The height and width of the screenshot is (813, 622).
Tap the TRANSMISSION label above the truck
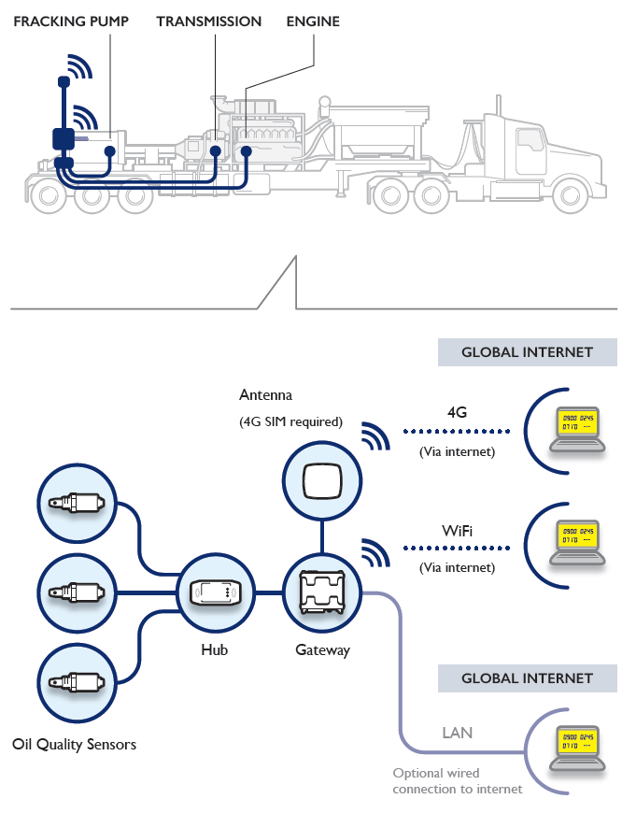tap(209, 21)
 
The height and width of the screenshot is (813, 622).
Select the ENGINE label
tap(313, 21)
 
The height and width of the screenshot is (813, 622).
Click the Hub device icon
tap(216, 592)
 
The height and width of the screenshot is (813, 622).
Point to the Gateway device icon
tap(321, 592)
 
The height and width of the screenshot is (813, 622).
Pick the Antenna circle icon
tap(321, 481)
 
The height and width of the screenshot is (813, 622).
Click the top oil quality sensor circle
tap(76, 506)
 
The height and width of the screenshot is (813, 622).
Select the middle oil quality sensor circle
tap(76, 592)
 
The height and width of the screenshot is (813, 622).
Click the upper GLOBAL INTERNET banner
tap(528, 352)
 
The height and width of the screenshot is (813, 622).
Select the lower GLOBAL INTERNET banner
tap(528, 678)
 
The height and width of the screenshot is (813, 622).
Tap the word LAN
tap(458, 733)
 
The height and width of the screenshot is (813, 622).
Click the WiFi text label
tap(457, 531)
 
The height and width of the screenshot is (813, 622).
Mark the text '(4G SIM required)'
tap(290, 422)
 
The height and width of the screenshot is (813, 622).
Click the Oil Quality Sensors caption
tap(75, 745)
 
